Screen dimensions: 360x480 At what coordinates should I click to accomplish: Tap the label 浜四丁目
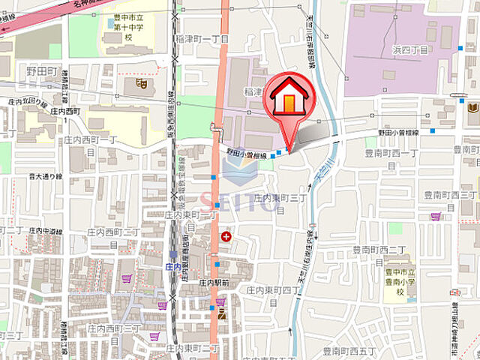pyautogui.click(x=409, y=49)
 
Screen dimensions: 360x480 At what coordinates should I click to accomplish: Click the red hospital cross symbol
pyautogui.click(x=226, y=237)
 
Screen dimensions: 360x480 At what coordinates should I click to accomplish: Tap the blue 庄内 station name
pyautogui.click(x=172, y=265)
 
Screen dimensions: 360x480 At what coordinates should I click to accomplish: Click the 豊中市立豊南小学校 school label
pyautogui.click(x=400, y=282)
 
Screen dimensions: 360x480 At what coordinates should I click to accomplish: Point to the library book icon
pyautogui.click(x=472, y=109)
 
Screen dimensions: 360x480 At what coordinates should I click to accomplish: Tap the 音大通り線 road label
pyautogui.click(x=44, y=177)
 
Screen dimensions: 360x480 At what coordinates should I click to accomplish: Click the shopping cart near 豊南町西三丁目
pyautogui.click(x=436, y=216)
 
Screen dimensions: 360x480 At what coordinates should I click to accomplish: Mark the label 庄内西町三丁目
pyautogui.click(x=114, y=328)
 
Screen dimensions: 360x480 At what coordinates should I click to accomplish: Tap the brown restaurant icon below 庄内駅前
pyautogui.click(x=220, y=316)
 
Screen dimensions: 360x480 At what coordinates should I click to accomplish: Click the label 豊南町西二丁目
pyautogui.click(x=378, y=249)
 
